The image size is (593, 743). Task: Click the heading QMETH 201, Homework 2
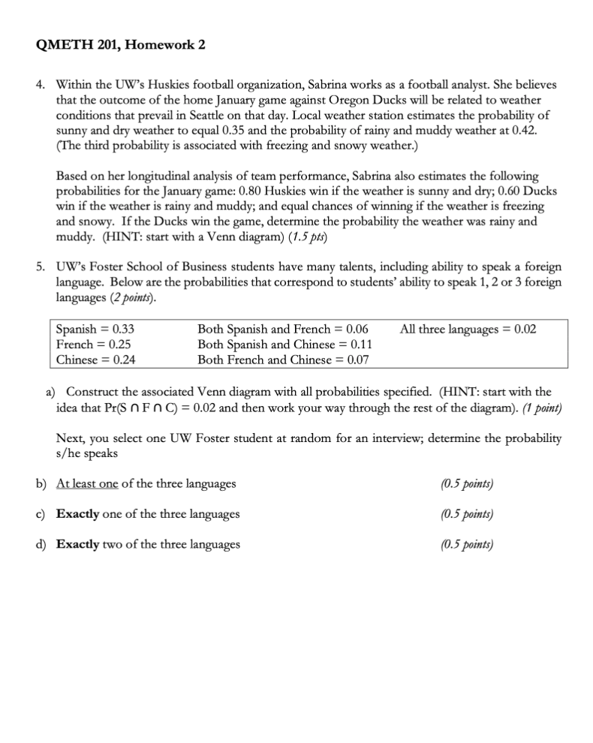(120, 45)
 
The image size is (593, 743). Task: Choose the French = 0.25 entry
(94, 344)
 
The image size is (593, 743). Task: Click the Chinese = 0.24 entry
(96, 359)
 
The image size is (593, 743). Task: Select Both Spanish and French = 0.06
(282, 329)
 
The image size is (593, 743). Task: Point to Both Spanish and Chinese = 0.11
(285, 344)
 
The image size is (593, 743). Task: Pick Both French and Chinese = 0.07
(282, 359)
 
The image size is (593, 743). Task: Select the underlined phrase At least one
(87, 483)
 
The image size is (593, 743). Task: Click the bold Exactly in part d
(78, 544)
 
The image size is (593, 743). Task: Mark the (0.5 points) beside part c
(467, 514)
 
